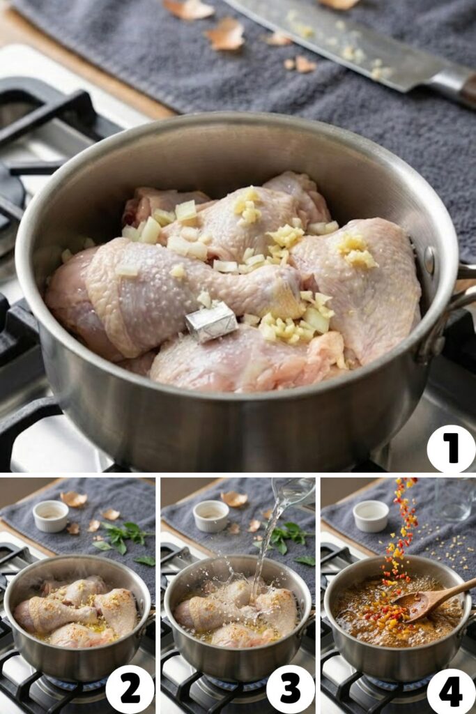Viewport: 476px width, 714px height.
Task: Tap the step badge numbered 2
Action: (130, 688)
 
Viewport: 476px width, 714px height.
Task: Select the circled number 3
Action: (290, 688)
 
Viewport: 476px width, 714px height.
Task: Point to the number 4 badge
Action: (451, 688)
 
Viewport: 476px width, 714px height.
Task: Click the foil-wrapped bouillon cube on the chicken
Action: (210, 322)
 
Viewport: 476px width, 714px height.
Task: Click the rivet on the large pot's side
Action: (429, 260)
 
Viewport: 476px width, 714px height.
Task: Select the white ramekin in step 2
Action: (51, 516)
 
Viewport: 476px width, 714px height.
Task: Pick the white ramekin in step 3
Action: (211, 516)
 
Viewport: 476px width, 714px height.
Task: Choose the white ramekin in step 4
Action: (371, 516)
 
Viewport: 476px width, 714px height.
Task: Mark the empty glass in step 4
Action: (454, 499)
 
